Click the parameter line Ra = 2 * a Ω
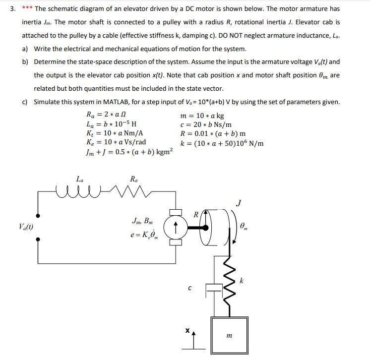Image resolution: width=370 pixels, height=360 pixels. (106, 115)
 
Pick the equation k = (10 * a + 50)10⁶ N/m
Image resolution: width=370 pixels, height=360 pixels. (221, 144)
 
